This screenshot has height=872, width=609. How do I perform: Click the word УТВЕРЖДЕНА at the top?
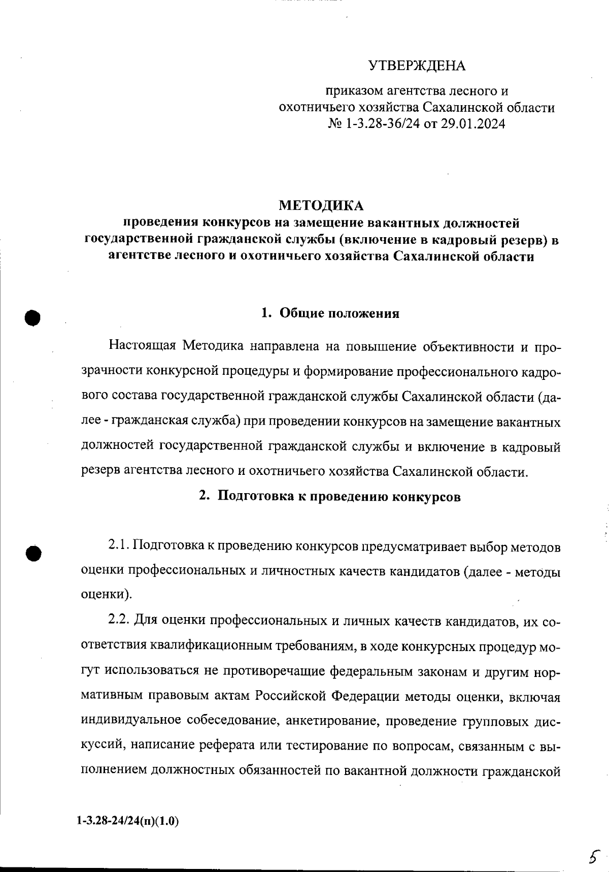(x=416, y=66)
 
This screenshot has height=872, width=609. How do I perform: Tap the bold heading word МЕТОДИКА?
(x=322, y=206)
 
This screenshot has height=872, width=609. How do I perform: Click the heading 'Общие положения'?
(x=339, y=313)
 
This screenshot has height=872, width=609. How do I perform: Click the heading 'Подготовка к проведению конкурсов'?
(x=339, y=497)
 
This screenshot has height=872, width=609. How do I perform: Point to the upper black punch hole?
(x=33, y=317)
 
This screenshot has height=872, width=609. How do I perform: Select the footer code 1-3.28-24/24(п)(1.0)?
(x=128, y=821)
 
